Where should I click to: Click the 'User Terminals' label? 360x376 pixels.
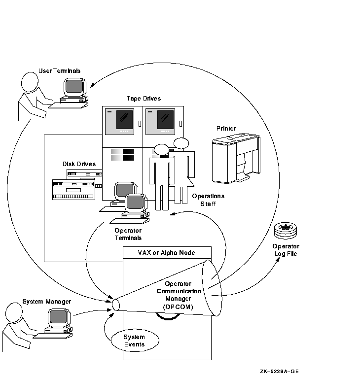pos(59,71)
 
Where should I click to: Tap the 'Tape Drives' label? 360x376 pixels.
pos(144,99)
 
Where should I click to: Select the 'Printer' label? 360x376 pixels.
pos(226,129)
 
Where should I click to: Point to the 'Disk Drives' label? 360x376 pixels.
pos(79,164)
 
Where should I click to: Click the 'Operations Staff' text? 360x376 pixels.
pos(208,200)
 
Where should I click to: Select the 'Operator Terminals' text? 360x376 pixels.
pos(128,234)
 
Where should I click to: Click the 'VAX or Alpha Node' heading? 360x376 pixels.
pos(166,253)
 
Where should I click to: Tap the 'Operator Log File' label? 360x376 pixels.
pos(286,250)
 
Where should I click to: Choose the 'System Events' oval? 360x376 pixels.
pos(134,341)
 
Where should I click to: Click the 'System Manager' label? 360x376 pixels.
pos(47,301)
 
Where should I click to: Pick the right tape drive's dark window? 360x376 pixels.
pos(165,120)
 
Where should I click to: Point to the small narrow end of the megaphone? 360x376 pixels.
pos(116,305)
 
